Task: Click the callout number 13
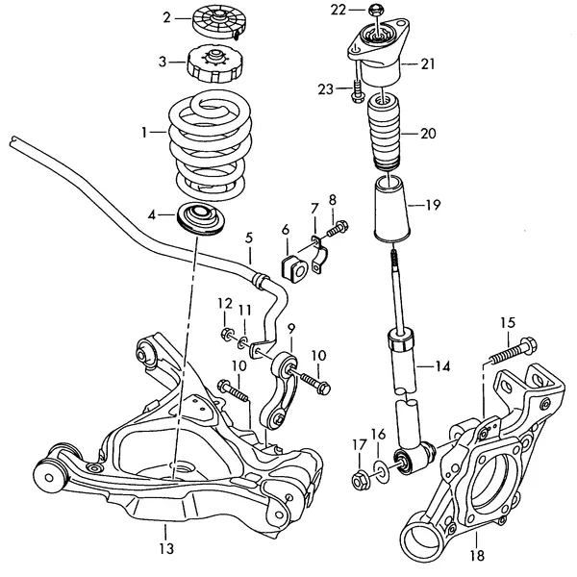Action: (x=165, y=549)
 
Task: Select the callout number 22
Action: (x=337, y=10)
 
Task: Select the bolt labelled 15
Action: (x=510, y=351)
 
